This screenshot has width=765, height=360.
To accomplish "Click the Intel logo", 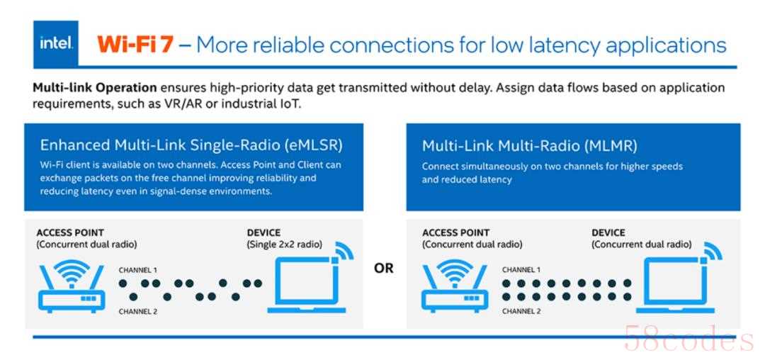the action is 56,44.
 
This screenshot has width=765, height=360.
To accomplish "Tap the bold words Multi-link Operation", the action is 95,88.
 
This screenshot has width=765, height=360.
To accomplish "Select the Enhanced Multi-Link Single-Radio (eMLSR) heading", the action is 191,145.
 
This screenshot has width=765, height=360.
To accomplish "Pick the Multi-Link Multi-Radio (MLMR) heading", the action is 530,145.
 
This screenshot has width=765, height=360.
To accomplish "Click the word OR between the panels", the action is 383,269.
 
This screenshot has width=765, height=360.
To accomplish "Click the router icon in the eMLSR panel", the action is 72,286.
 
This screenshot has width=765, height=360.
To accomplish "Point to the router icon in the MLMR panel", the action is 455,286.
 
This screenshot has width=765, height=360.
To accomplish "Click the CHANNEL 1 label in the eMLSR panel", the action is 138,270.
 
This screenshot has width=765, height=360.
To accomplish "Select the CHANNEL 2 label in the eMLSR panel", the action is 138,310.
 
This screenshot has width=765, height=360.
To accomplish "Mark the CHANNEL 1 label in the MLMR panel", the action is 521,270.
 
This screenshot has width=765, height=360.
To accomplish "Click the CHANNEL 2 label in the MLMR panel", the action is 521,310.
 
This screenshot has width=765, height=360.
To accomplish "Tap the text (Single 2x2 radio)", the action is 285,244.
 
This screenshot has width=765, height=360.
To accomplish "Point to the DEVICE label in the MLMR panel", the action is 608,232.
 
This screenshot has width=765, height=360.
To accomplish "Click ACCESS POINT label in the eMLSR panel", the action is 70,232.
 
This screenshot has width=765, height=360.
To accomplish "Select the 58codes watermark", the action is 690,339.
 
